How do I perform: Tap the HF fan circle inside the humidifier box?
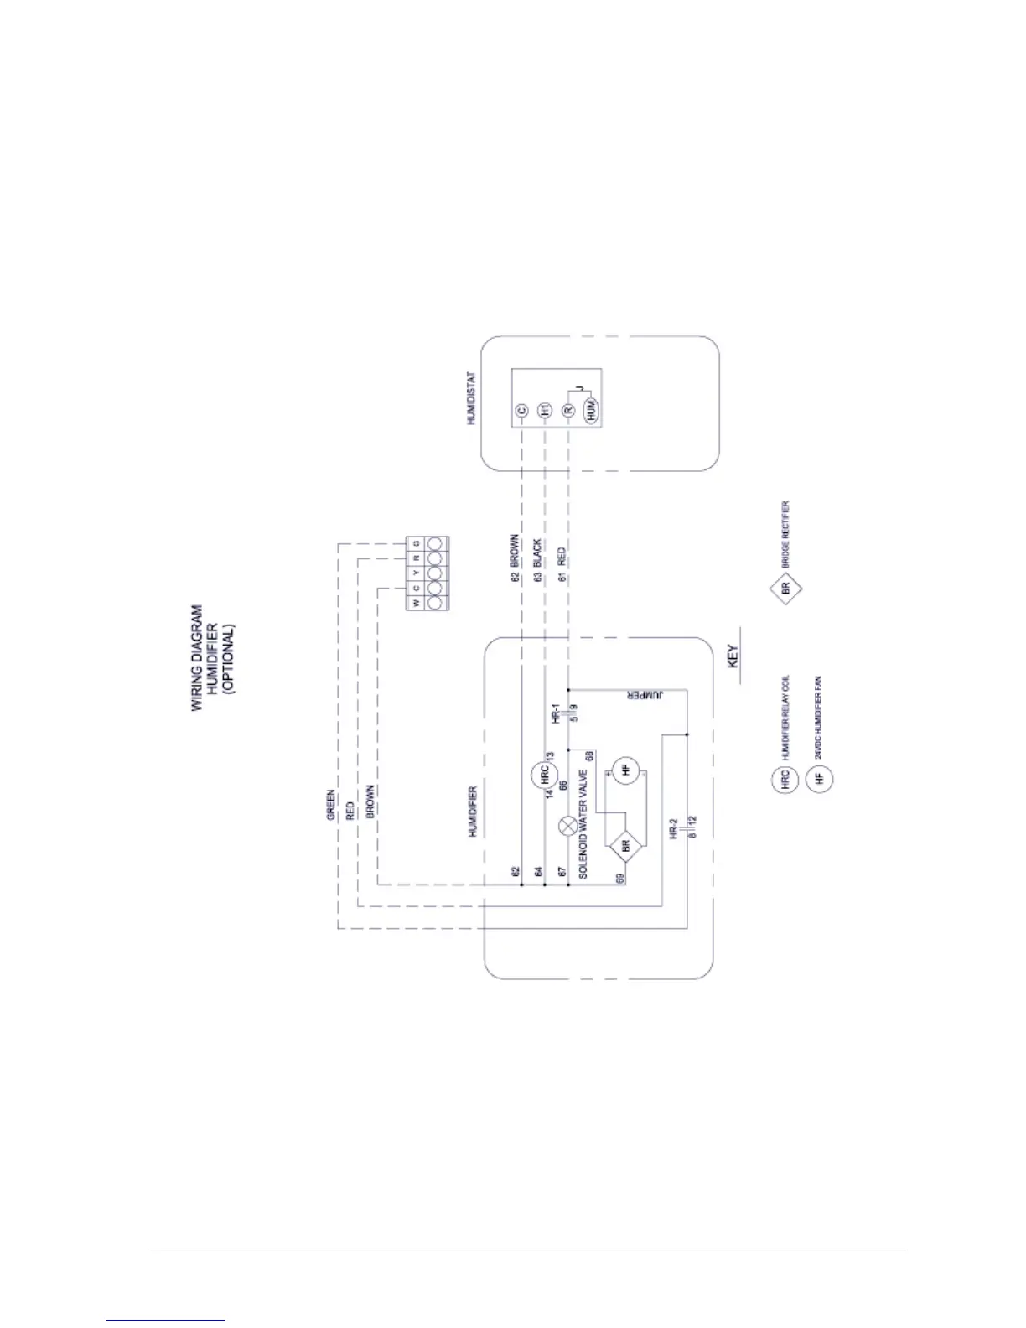[624, 770]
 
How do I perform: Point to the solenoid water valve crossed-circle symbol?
[569, 826]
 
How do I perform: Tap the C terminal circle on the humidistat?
[521, 411]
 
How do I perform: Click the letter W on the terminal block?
[416, 604]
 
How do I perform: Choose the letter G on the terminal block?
[416, 544]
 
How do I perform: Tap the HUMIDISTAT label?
[471, 398]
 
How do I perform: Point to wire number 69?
[621, 879]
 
